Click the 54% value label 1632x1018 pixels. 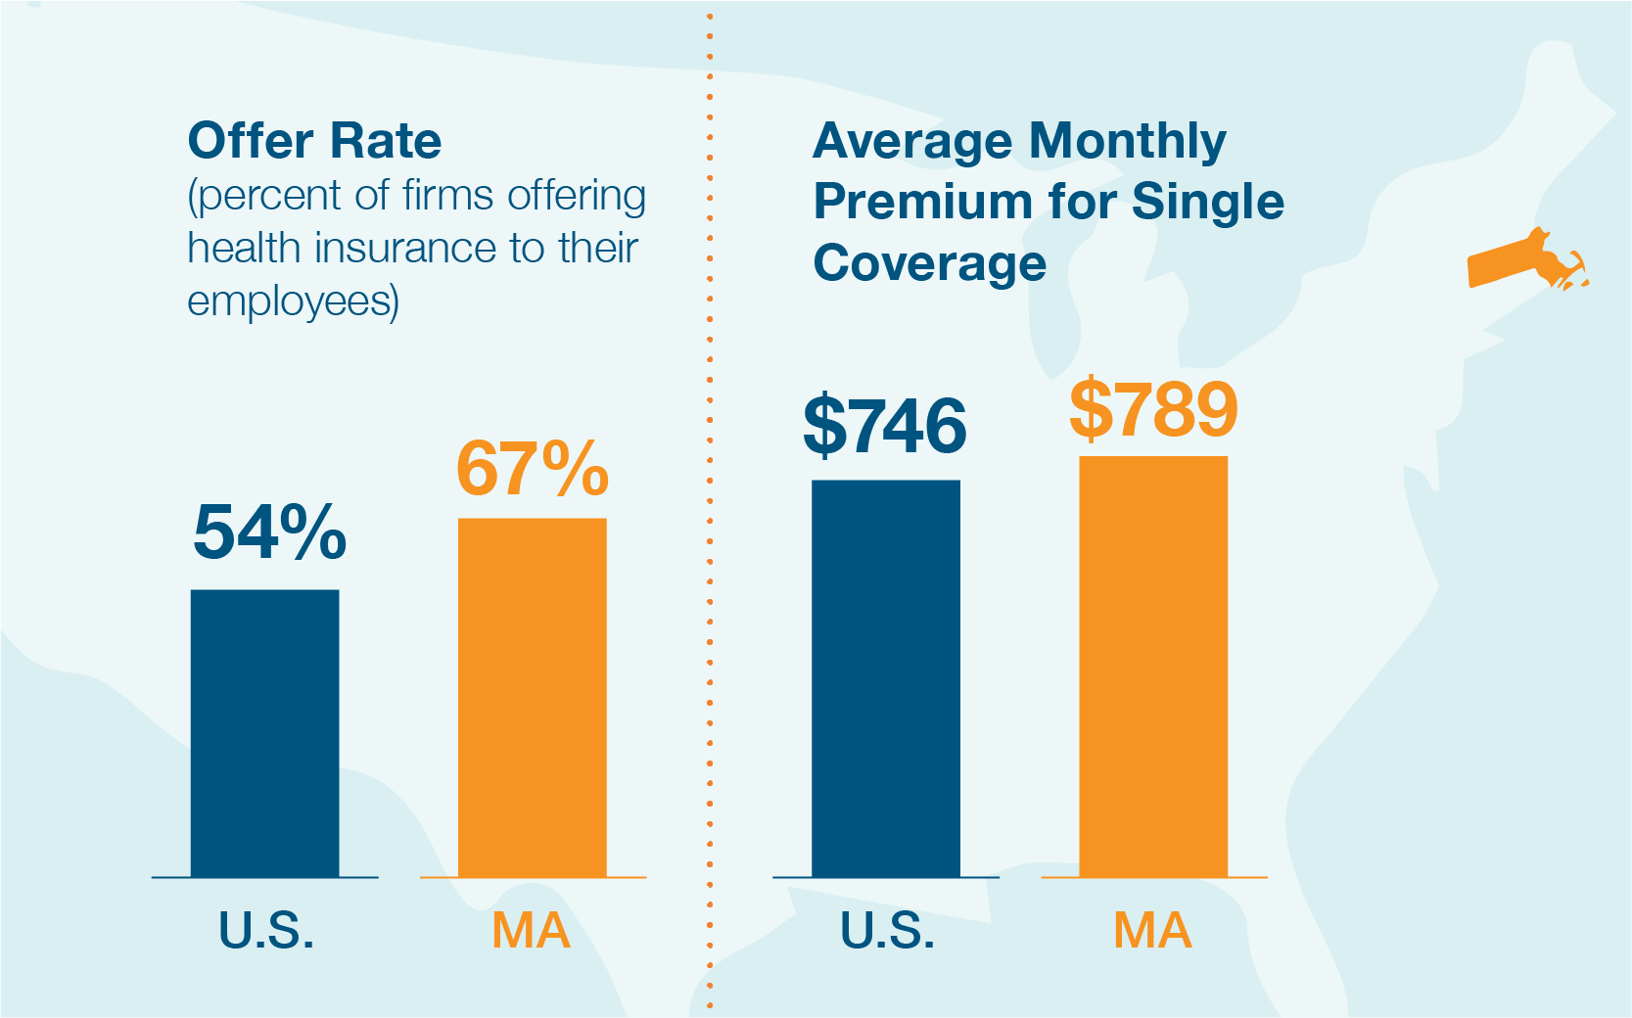[x=269, y=532]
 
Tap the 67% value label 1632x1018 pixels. [x=533, y=469]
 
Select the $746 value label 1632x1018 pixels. [x=885, y=426]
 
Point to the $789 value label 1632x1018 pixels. [x=1153, y=409]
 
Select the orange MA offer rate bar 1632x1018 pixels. [x=533, y=697]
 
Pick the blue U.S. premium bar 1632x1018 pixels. [x=886, y=677]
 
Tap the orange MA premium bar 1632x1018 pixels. [x=1153, y=666]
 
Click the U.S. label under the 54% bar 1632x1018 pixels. [x=266, y=931]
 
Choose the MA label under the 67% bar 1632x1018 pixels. [x=531, y=931]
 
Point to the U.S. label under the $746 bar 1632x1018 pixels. [x=887, y=931]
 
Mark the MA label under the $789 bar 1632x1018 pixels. [x=1152, y=931]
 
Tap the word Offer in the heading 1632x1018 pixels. [x=250, y=141]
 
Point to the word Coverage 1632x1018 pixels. [x=930, y=263]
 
